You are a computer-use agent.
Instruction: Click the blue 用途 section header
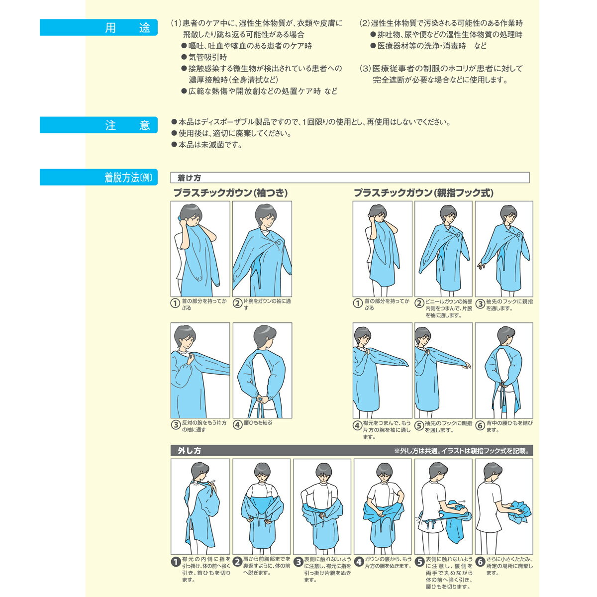99,27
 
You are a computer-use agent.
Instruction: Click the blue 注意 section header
99,125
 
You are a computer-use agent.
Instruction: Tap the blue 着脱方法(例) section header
99,177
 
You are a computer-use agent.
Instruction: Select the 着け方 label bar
350,178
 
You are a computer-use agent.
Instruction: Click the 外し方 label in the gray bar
189,450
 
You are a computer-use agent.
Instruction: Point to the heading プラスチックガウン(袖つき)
230,193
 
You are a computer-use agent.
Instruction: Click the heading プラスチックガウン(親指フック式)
423,193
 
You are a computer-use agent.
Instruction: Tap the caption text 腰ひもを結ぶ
258,423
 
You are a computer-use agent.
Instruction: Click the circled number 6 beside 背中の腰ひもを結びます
480,425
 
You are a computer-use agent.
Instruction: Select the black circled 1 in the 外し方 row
176,562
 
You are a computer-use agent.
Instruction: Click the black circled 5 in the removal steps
419,562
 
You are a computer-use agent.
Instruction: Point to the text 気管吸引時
207,57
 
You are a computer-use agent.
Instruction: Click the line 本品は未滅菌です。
210,145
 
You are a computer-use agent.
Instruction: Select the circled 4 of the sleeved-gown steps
237,425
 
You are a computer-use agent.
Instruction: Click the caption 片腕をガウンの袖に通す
267,304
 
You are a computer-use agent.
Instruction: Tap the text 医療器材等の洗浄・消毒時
422,46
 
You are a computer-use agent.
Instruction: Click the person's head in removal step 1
200,471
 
